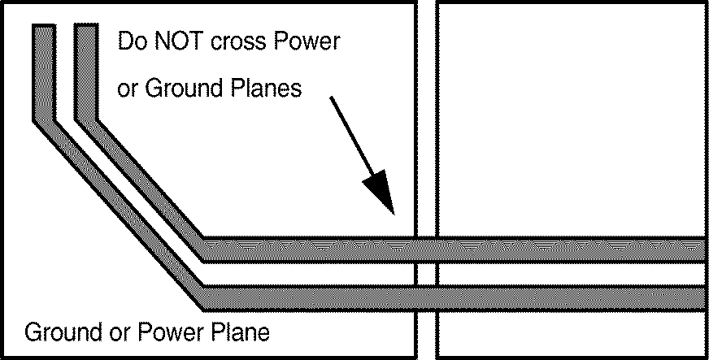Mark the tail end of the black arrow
tap(331, 98)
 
